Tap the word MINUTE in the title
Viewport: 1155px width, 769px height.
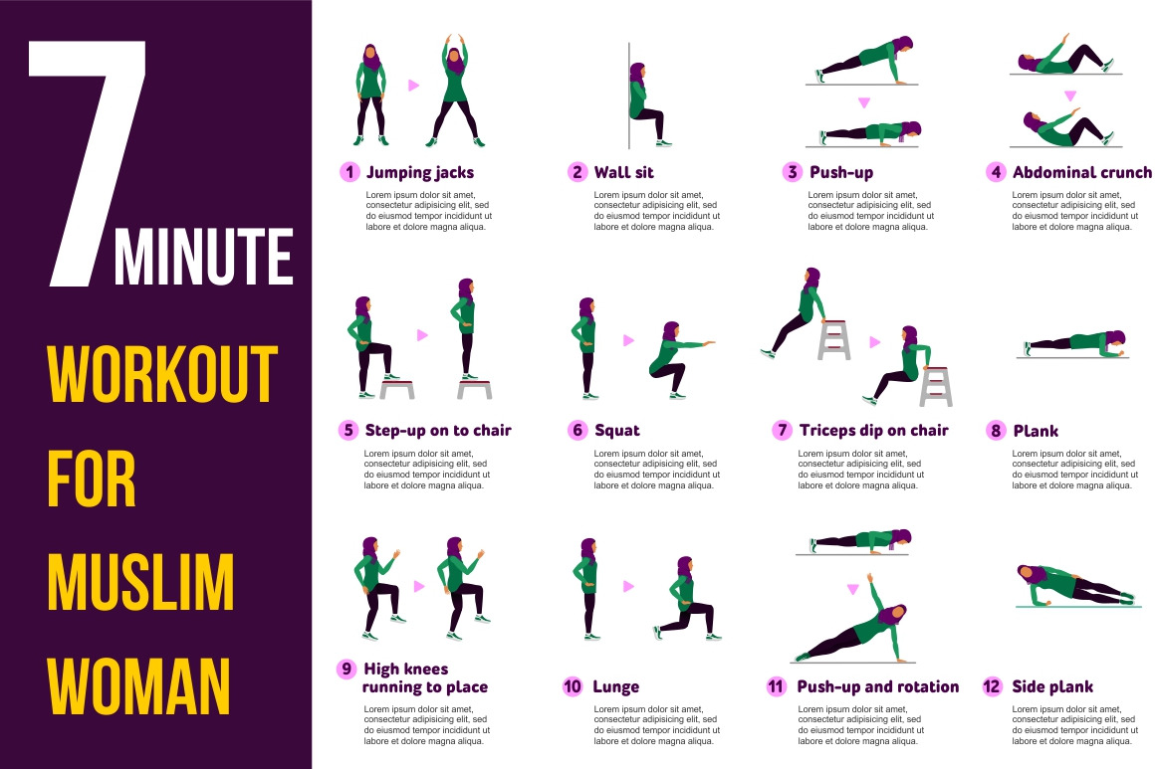tap(204, 256)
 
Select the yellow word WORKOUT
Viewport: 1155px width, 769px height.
tap(162, 373)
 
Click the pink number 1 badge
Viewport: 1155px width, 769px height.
tap(349, 172)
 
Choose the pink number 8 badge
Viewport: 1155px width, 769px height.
tap(995, 431)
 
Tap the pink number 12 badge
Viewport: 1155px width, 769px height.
tap(993, 686)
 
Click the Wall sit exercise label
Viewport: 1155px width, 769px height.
tap(624, 173)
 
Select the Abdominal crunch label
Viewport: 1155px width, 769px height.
tap(1082, 173)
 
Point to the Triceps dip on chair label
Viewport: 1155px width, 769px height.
tap(873, 431)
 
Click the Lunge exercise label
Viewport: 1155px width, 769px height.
tap(615, 687)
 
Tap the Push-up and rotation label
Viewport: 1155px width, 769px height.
tap(878, 687)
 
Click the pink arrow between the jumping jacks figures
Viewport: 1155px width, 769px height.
tap(414, 86)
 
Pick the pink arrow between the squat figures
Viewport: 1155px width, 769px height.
tap(628, 340)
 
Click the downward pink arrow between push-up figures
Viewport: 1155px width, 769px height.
tap(864, 103)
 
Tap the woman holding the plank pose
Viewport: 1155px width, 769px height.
tap(1075, 343)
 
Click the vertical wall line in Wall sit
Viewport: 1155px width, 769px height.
tap(629, 96)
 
